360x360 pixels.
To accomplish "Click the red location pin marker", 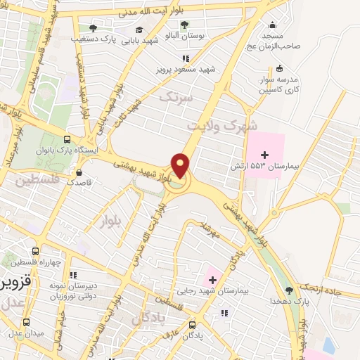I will (181, 166).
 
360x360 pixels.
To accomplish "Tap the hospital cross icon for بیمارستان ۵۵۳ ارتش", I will (264, 155).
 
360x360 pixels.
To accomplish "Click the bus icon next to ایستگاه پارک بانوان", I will (66, 139).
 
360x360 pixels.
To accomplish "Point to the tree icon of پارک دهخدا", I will (289, 290).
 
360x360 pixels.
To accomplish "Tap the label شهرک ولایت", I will (222, 125).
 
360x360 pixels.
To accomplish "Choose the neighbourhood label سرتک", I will (176, 97).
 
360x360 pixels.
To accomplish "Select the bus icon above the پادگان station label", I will (193, 325).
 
